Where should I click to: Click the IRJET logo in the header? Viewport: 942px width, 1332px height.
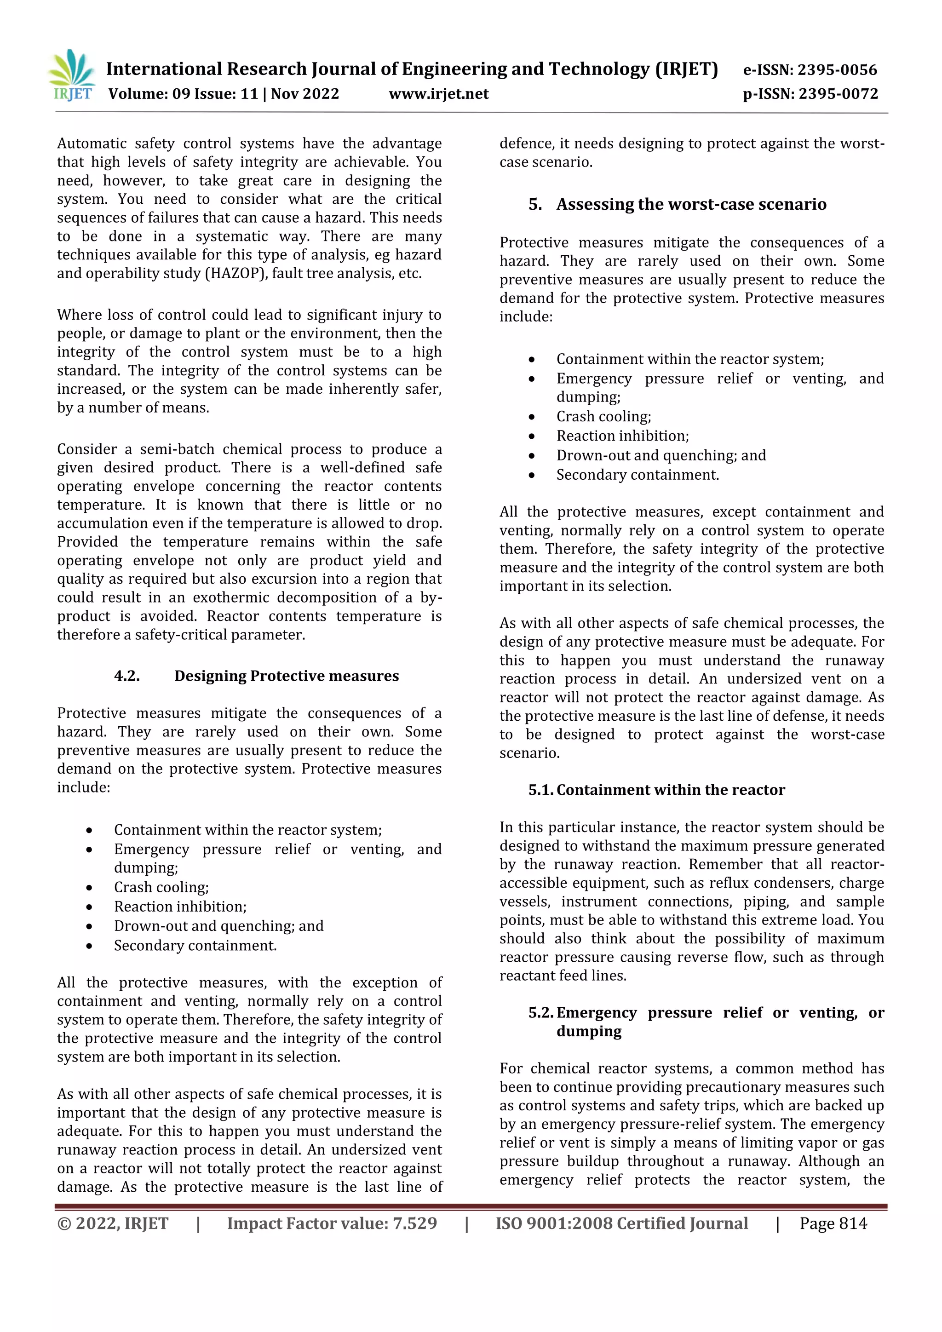tap(72, 76)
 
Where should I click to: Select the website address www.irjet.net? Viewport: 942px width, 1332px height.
tap(438, 94)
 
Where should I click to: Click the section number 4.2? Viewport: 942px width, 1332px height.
tap(127, 676)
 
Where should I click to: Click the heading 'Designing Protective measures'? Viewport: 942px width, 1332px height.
tap(287, 676)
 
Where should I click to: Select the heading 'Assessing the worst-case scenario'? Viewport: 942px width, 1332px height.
tap(691, 204)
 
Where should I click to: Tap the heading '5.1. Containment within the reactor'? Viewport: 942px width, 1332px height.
tap(657, 790)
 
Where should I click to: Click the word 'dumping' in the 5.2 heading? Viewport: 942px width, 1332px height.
tap(589, 1031)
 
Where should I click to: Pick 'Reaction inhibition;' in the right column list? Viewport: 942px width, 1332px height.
tap(622, 436)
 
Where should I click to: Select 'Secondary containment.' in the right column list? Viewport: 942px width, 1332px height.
tap(638, 475)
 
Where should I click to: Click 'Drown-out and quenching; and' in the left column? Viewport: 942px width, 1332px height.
tap(218, 926)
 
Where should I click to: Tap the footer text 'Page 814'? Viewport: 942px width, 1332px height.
tap(833, 1223)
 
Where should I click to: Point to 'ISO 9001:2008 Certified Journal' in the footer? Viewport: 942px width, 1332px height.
tap(621, 1223)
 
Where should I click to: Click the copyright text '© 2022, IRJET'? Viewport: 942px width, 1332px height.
tap(113, 1223)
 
